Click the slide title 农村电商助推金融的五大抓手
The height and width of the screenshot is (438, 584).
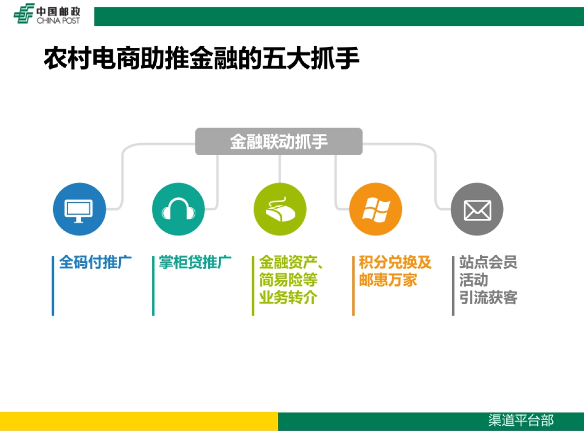[201, 60]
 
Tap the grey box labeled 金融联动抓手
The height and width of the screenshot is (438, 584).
[279, 142]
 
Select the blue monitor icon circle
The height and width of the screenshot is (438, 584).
[79, 210]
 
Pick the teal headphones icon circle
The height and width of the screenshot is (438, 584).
[178, 210]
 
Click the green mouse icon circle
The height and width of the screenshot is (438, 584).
[280, 210]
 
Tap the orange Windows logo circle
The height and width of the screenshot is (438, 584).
[375, 210]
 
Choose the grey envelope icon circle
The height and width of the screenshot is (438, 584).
[476, 210]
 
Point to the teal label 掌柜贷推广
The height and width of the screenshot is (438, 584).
[195, 263]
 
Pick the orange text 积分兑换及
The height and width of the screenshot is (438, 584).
[395, 263]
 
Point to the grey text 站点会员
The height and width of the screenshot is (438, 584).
[488, 263]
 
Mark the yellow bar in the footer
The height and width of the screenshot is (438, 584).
[139, 421]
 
